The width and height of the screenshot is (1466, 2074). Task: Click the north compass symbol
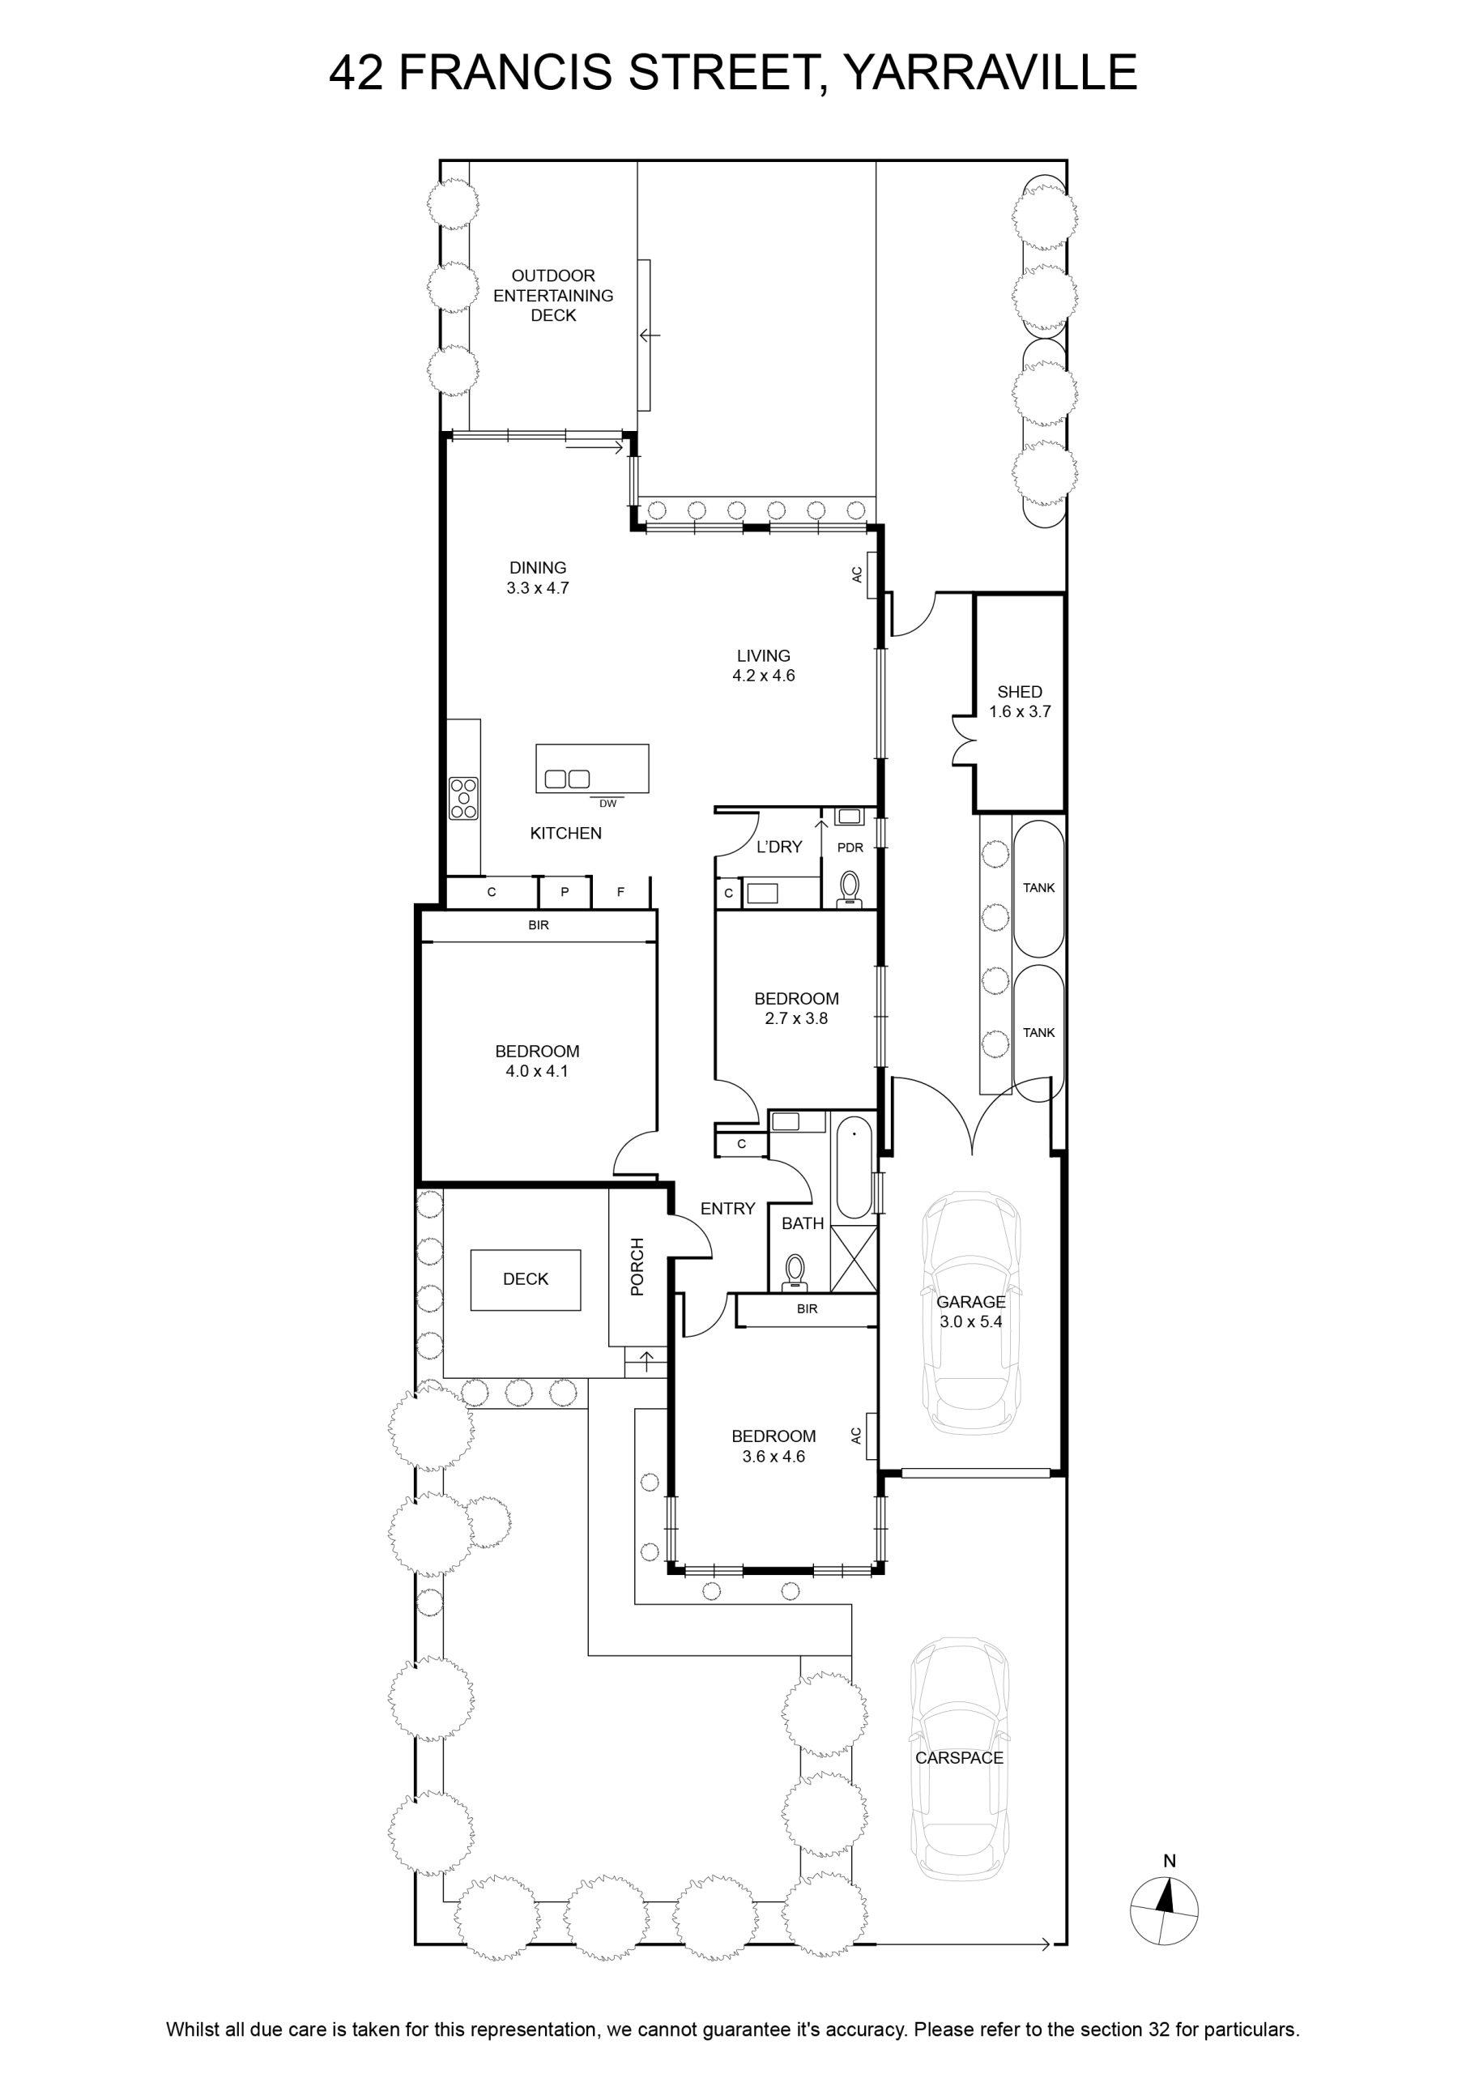(1165, 1910)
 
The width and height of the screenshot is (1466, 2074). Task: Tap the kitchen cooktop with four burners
(463, 799)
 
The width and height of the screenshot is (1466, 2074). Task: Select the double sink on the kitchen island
(565, 778)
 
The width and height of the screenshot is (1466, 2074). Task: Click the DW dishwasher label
(608, 803)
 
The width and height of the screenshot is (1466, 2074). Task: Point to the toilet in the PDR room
(850, 888)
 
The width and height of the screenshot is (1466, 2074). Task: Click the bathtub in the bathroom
(854, 1168)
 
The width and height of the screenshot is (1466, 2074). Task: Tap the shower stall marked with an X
(854, 1257)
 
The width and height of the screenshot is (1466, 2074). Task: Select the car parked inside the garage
(971, 1312)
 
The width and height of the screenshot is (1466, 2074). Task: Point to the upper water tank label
(1039, 888)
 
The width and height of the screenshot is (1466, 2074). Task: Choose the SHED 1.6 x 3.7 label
(1020, 701)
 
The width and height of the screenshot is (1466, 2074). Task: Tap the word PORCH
(637, 1266)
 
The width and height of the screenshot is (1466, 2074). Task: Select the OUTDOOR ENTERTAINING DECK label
(553, 296)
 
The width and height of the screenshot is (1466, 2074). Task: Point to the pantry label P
(565, 891)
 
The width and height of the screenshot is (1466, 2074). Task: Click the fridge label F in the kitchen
(620, 891)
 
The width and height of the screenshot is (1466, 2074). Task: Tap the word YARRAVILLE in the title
(990, 72)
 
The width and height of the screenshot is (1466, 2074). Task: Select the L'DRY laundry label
(779, 847)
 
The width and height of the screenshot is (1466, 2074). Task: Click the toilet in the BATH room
(795, 1270)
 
